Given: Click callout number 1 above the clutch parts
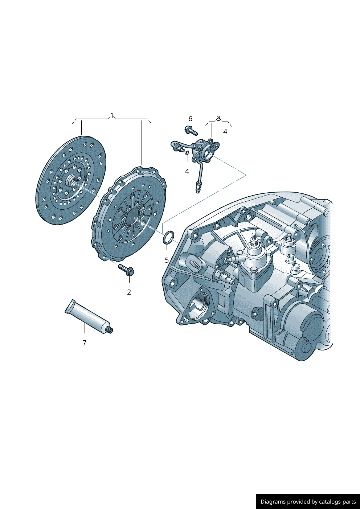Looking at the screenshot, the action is pyautogui.click(x=112, y=115).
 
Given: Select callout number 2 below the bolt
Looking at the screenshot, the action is pyautogui.click(x=129, y=292).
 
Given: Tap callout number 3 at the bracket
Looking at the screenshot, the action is pyautogui.click(x=218, y=118).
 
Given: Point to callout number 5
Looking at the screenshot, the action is pyautogui.click(x=167, y=260).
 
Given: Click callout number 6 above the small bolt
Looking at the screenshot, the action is pyautogui.click(x=191, y=119).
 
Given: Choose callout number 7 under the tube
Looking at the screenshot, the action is pyautogui.click(x=85, y=343).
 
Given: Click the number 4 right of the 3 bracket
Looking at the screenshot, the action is pyautogui.click(x=225, y=132).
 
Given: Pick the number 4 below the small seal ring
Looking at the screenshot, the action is pyautogui.click(x=187, y=171).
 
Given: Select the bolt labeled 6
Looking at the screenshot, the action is pyautogui.click(x=191, y=131).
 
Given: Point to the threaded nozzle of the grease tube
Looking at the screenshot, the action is pyautogui.click(x=110, y=330).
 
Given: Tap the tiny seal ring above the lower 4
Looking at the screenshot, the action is pyautogui.click(x=187, y=153).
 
